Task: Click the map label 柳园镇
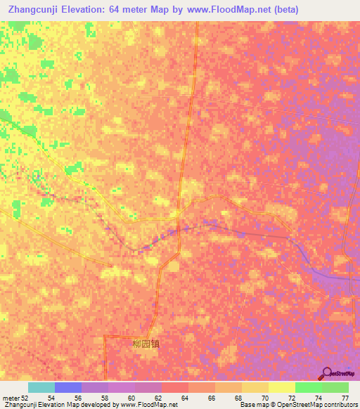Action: point(146,345)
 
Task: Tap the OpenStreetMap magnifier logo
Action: point(328,374)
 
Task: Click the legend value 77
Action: point(345,397)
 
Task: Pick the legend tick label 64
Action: point(185,397)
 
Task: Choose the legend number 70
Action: point(265,397)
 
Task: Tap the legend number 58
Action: point(105,397)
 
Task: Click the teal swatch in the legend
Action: point(41,387)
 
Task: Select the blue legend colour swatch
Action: point(68,387)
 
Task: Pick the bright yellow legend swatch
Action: point(282,387)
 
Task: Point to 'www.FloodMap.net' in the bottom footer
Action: point(148,405)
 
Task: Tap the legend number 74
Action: point(319,397)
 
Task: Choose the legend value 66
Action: point(212,397)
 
